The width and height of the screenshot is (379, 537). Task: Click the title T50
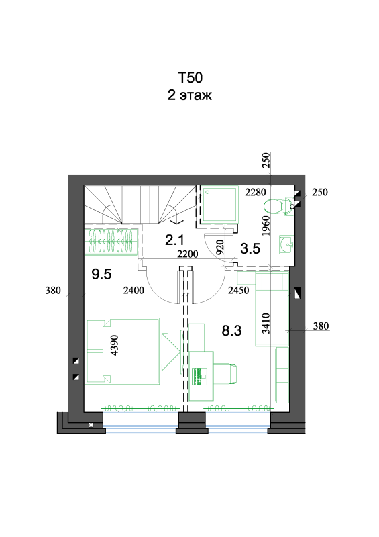point(190,78)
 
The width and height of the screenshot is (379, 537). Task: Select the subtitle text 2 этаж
point(190,95)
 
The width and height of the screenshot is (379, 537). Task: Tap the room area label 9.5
point(102,274)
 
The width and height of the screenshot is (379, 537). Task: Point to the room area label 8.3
point(232,330)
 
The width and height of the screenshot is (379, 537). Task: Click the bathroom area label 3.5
point(250,248)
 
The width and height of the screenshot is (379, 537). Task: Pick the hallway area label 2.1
point(174,240)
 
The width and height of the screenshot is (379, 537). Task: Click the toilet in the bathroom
point(278,207)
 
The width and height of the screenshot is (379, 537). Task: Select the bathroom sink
point(286,244)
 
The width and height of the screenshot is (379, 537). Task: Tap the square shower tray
point(219,205)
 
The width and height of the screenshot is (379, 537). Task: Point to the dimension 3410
point(266,324)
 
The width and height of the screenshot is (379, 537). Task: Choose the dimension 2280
point(256,192)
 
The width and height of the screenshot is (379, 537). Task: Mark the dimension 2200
point(188,254)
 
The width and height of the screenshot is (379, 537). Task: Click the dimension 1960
point(266,226)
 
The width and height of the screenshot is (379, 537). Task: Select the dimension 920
point(220,247)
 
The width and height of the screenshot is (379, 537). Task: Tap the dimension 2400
point(134,291)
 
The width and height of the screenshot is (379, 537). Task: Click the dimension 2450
point(239,291)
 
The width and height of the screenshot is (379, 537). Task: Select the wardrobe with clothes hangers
point(111,242)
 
